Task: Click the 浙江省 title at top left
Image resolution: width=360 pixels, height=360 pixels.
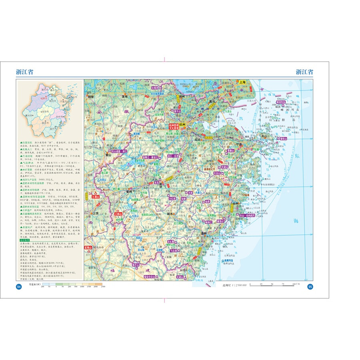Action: [x=25, y=72]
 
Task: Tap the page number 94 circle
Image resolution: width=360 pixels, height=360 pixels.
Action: [x=18, y=287]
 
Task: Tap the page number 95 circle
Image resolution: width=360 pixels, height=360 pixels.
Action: [x=310, y=287]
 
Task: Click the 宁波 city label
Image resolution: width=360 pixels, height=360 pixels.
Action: [x=240, y=144]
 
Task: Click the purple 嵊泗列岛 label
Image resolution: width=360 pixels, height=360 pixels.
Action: [x=282, y=102]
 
